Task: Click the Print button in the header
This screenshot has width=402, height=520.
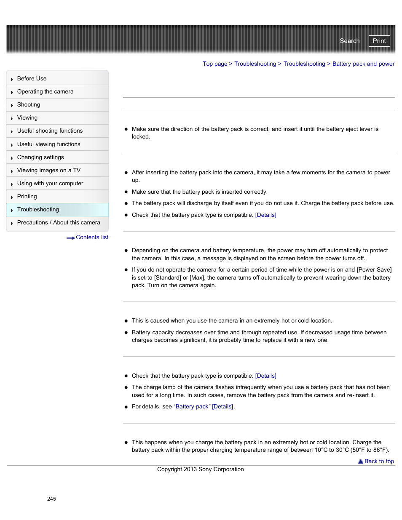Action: (x=379, y=41)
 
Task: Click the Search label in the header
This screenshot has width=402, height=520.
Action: (x=349, y=41)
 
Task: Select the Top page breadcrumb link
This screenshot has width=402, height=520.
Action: (x=215, y=64)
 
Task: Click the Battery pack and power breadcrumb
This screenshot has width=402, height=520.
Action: (x=363, y=64)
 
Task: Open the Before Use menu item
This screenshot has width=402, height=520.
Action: (x=32, y=79)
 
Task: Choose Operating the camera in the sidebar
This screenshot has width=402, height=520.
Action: (x=45, y=92)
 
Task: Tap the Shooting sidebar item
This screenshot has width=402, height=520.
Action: (x=29, y=105)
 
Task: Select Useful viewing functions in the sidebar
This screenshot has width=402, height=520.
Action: (x=48, y=144)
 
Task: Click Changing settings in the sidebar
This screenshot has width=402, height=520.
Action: (x=40, y=157)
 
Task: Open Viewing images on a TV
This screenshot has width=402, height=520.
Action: (x=48, y=171)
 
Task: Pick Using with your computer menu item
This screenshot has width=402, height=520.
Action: (x=50, y=184)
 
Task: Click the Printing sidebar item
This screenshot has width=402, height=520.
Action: (x=27, y=197)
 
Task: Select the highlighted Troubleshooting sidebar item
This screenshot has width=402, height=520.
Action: (x=38, y=210)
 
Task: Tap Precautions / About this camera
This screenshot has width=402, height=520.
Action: (x=59, y=223)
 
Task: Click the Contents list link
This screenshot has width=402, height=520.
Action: (x=92, y=237)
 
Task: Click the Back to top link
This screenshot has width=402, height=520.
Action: (x=379, y=461)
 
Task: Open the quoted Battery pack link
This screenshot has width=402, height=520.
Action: (x=192, y=407)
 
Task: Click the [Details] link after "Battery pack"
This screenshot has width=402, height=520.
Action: (x=222, y=407)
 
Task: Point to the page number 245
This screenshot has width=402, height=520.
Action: (x=51, y=499)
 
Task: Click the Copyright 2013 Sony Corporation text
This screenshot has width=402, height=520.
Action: (x=200, y=469)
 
